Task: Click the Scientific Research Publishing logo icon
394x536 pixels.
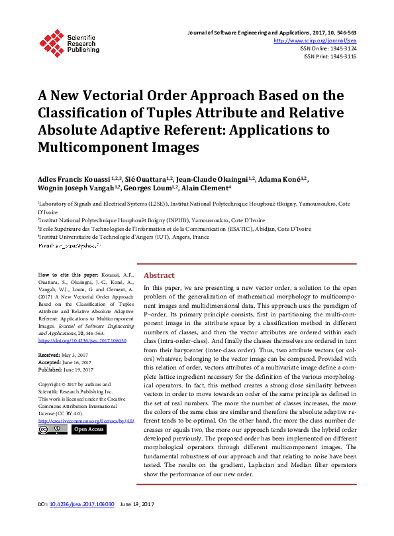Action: coord(50,40)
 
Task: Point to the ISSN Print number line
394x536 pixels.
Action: coord(330,56)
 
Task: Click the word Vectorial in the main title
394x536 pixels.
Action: coord(140,94)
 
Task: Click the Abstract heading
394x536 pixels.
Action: coord(159,275)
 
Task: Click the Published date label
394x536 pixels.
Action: coord(51,369)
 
